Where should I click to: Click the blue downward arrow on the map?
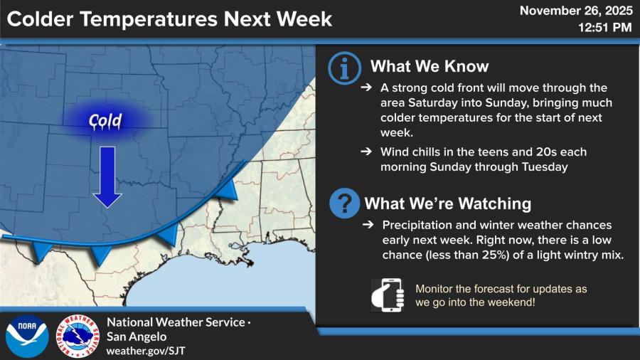tap(107, 176)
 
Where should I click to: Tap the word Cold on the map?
tap(105, 121)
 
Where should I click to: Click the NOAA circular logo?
tap(27, 337)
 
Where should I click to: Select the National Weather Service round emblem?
tap(78, 337)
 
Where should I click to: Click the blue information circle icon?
tap(344, 68)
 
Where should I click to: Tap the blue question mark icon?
tap(344, 203)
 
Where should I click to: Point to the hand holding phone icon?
tap(388, 295)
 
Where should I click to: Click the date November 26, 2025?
tap(576, 11)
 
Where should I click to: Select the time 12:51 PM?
tap(605, 28)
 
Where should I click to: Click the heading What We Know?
tap(430, 66)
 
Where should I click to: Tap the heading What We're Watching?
tap(448, 203)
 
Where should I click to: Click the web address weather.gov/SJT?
tap(146, 351)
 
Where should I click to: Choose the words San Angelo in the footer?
tap(137, 337)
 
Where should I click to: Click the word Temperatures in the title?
tap(149, 19)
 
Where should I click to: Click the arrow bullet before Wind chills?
tap(366, 152)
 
